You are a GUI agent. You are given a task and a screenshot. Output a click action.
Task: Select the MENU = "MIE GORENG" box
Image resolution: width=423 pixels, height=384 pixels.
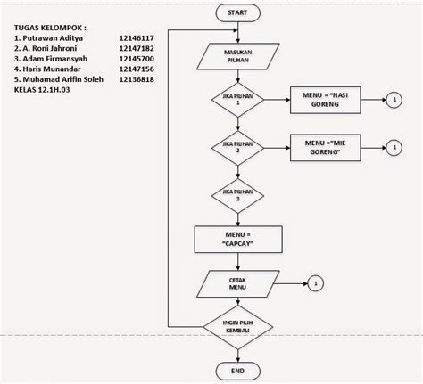[325, 146]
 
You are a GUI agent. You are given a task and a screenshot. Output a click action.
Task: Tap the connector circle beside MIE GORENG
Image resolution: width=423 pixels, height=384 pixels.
[393, 146]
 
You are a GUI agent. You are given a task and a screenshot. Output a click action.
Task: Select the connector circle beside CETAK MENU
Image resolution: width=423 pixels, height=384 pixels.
[315, 284]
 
